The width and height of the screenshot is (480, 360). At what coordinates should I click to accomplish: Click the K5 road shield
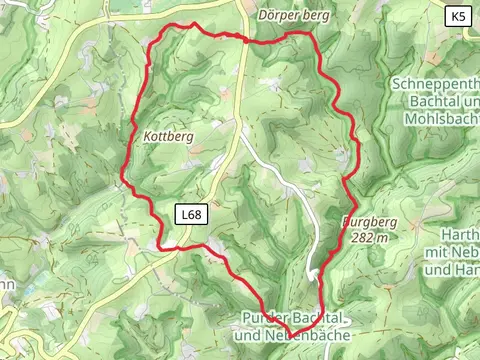click(458, 16)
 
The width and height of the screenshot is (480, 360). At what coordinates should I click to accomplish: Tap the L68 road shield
click(192, 214)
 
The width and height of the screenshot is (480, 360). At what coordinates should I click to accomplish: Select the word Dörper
click(277, 16)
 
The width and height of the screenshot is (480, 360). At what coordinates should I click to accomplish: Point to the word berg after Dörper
click(315, 16)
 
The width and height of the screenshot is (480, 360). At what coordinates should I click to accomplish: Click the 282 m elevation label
click(369, 238)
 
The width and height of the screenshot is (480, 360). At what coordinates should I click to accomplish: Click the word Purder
click(263, 318)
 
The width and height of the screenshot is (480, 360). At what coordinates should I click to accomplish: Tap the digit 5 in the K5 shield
click(463, 16)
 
